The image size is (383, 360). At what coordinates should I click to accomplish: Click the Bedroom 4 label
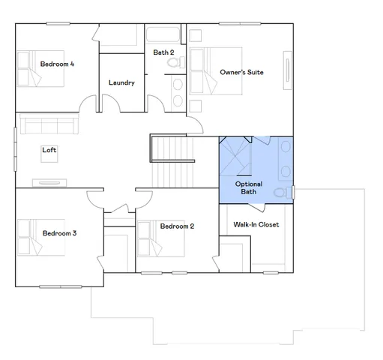[x=57, y=64]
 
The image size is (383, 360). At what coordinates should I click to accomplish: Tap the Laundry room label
[x=121, y=82]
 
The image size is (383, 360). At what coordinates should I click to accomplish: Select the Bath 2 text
[x=163, y=52]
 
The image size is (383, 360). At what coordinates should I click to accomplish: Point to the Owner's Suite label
[x=238, y=72]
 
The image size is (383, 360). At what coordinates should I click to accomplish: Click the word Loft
[x=49, y=150]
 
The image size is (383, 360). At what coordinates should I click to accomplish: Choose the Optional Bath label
[x=248, y=187]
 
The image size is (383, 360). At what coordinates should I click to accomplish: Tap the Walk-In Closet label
[x=256, y=224]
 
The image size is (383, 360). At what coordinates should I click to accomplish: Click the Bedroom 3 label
[x=59, y=233]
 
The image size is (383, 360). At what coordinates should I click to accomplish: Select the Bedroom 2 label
[x=177, y=226]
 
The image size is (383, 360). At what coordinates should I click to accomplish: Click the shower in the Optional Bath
[x=234, y=154]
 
